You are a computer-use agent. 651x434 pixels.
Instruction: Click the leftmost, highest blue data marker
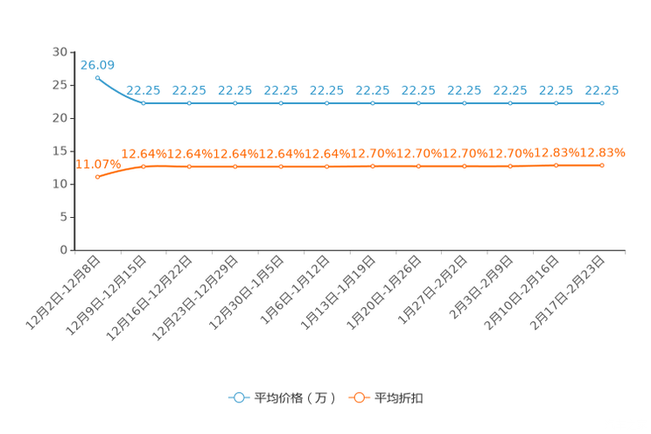coord(97,77)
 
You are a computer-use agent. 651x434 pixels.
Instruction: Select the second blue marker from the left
coord(143,102)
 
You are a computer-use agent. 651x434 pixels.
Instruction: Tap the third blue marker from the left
coord(189,102)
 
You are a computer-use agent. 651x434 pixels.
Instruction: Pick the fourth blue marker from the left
coord(234,102)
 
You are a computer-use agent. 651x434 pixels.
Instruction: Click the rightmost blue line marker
coord(602,102)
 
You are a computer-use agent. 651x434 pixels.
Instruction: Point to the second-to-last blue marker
coord(556,102)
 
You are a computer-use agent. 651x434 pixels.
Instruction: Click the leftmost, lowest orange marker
coord(97,177)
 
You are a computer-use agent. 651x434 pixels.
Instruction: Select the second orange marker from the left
coord(143,166)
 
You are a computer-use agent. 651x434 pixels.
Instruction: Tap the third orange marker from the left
coord(189,166)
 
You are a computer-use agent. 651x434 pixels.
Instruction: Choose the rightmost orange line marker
coord(602,164)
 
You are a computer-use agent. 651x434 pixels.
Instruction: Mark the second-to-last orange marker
coord(556,164)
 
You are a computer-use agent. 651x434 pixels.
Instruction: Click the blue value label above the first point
coord(97,64)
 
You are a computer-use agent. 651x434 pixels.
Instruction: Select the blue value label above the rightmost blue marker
coord(602,89)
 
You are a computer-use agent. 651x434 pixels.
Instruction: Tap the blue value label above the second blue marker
coord(143,89)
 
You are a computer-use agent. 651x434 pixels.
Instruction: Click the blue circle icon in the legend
coord(238,397)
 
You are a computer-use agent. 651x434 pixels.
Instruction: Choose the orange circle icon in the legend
coord(358,397)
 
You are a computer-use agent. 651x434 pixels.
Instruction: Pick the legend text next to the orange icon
coord(400,398)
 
